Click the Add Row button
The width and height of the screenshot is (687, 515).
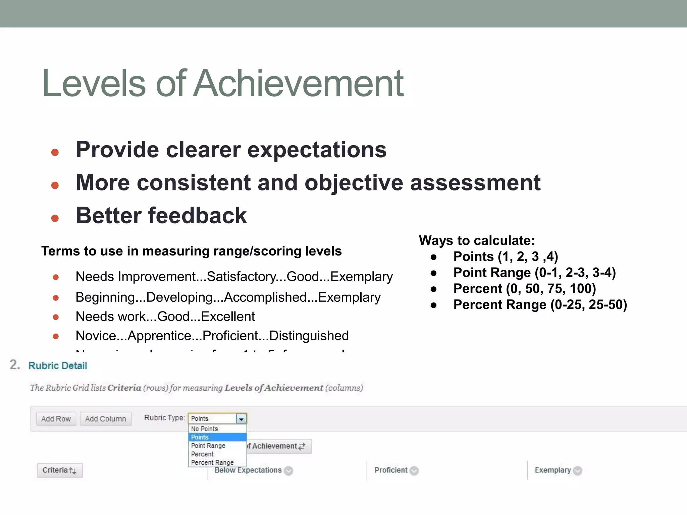(x=56, y=419)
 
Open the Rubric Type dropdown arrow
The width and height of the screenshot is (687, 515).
(x=241, y=419)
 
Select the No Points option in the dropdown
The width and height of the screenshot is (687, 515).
(x=204, y=429)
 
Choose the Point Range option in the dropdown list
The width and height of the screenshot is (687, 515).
(x=208, y=446)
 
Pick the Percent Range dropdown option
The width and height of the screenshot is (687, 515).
(x=212, y=463)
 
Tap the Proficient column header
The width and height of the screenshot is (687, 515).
(x=391, y=470)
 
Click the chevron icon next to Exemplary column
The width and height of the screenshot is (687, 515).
(x=577, y=471)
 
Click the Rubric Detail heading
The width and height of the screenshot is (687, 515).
(x=57, y=365)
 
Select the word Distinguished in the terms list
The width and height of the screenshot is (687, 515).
(x=309, y=336)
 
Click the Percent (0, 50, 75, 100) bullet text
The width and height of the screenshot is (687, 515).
(x=524, y=289)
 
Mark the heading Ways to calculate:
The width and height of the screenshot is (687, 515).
(x=477, y=241)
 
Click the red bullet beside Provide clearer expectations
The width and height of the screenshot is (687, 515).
(x=55, y=153)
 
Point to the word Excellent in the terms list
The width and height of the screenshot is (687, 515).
(x=228, y=317)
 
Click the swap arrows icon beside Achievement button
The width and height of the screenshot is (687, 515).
(x=302, y=446)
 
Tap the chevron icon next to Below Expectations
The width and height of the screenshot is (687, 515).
(x=288, y=471)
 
